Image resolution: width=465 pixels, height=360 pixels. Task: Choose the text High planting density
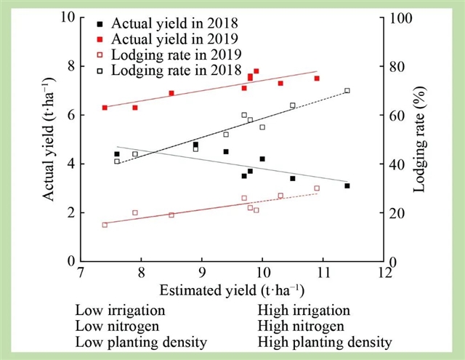[325, 342]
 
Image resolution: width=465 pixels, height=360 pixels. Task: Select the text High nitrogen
[301, 326]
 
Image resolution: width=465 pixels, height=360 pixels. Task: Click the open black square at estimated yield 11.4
[347, 90]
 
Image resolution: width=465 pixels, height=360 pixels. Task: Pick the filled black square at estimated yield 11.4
[347, 185]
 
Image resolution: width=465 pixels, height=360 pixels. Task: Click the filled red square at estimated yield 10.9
[317, 78]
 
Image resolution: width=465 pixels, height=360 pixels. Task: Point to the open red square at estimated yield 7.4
[105, 225]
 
